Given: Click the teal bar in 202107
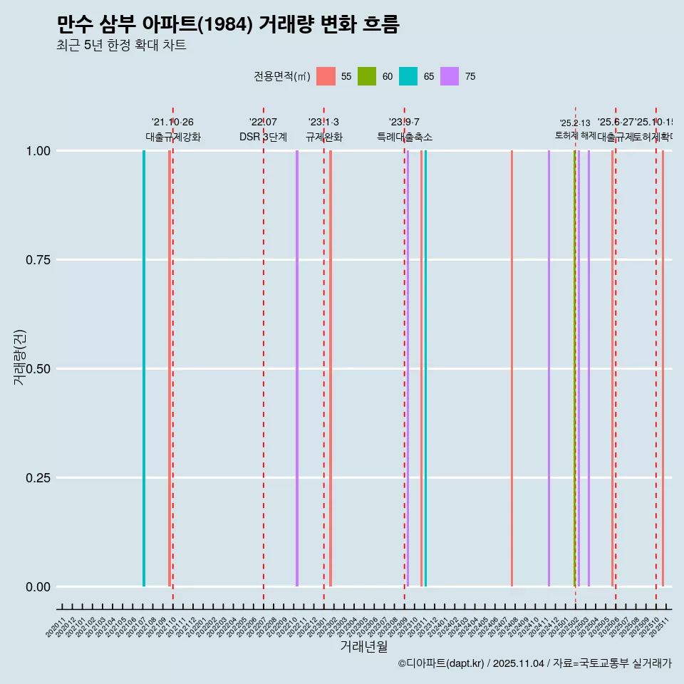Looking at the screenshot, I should click(144, 368).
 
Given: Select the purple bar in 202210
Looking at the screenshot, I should click(297, 368).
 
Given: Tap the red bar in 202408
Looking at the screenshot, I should click(512, 368).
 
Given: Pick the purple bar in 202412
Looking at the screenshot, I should click(549, 368).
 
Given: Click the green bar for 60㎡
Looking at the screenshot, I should click(574, 368).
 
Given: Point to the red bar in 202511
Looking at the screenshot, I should click(663, 368).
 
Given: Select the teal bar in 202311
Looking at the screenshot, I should click(425, 368).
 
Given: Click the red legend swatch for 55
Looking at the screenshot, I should click(326, 76).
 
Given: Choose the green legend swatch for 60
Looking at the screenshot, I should click(367, 76).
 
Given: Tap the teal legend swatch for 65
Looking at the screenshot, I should click(408, 76).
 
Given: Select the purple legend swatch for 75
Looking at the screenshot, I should click(450, 76).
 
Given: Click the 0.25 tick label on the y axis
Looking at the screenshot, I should click(37, 477).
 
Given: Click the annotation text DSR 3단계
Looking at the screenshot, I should click(263, 137).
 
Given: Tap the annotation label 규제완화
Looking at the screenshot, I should click(324, 137).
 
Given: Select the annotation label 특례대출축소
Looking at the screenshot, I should click(405, 137).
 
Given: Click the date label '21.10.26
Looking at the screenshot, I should click(172, 122).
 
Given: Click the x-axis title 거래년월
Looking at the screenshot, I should click(363, 647).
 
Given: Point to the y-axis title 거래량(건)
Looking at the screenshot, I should click(20, 358).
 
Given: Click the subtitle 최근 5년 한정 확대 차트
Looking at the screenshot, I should click(121, 46).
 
